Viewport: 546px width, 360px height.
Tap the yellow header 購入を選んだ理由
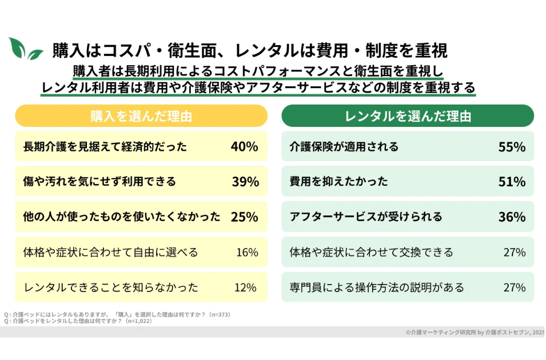point(141,116)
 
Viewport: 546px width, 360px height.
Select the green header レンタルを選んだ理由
point(408,116)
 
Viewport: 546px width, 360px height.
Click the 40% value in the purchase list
point(245,147)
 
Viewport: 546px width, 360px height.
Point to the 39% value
point(245,182)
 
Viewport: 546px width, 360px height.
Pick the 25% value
point(245,217)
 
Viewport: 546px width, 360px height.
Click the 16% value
point(247,252)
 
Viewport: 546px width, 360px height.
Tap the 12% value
point(247,287)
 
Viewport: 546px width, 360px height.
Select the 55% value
point(512,147)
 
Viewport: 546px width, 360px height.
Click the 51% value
point(512,182)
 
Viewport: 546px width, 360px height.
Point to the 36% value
point(512,217)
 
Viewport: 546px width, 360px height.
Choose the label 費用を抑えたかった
point(339,182)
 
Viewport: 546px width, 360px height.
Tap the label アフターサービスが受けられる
point(366,217)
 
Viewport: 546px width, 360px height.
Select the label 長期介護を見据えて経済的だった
point(105,147)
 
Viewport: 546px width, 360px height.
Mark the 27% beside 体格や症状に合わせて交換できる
point(514,252)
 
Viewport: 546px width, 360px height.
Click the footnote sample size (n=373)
point(220,314)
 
